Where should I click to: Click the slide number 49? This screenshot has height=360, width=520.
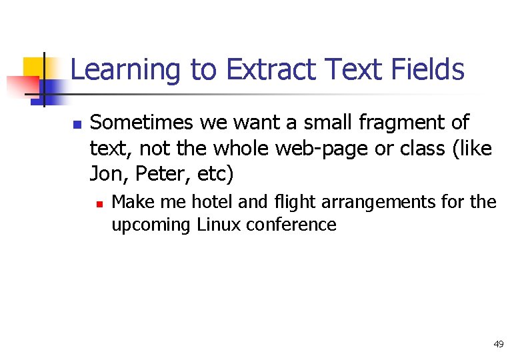[498, 344]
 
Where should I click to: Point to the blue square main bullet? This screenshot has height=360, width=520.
[77, 125]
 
